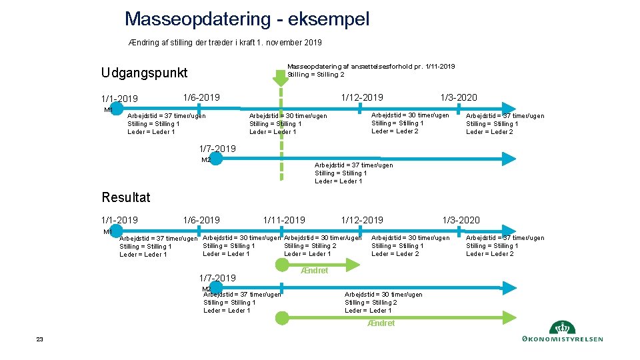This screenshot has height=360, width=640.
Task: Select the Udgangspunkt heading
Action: (x=144, y=73)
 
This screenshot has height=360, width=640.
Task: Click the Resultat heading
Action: (x=126, y=197)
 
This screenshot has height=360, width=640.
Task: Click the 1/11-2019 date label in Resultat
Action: (x=284, y=220)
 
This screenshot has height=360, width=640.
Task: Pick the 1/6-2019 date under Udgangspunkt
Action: (x=201, y=97)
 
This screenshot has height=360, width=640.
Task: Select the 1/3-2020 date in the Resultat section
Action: (x=461, y=220)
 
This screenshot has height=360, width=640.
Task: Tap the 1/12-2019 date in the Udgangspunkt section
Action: (x=362, y=97)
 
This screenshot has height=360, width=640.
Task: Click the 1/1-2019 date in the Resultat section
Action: (x=119, y=220)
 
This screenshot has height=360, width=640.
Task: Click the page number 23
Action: (x=39, y=339)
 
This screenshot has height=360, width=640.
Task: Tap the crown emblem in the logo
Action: (x=561, y=328)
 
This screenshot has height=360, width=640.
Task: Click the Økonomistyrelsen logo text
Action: (x=563, y=339)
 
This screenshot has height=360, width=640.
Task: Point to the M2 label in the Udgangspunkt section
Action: (x=206, y=160)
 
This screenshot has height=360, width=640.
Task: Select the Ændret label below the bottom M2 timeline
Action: (x=381, y=323)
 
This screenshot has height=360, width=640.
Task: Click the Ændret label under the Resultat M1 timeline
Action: (x=315, y=271)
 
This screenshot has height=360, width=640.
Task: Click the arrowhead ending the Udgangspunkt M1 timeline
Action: (x=509, y=108)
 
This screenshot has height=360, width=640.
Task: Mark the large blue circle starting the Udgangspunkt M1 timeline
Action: (x=117, y=109)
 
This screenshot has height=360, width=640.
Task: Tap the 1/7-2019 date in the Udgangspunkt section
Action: (x=217, y=148)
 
